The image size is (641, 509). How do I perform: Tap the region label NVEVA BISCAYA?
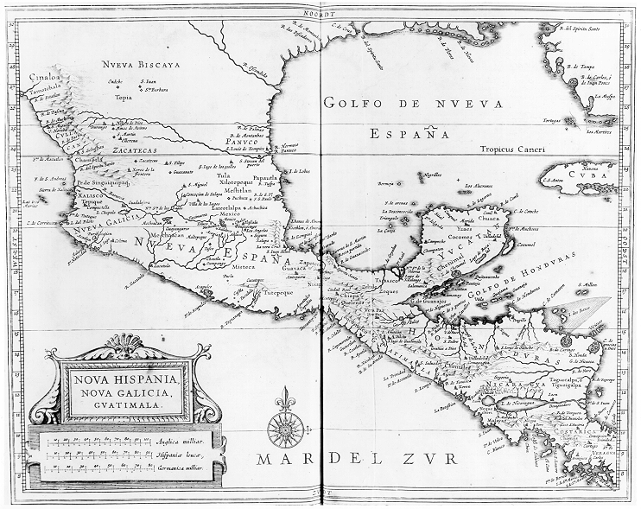coord(139,65)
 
